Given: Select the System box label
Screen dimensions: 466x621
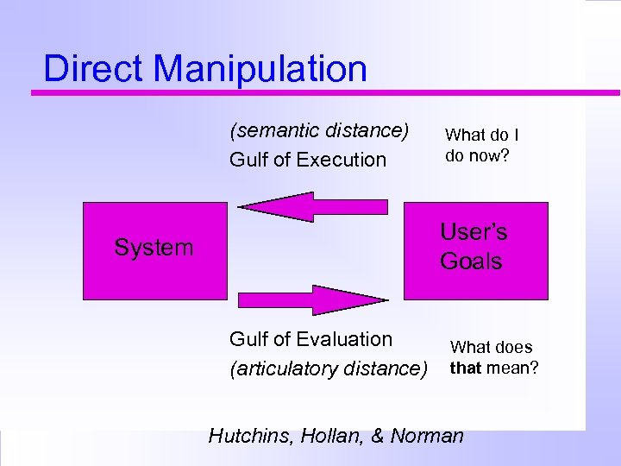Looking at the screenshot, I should pos(154,249).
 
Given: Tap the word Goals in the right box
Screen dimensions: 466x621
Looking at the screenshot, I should pos(471,261).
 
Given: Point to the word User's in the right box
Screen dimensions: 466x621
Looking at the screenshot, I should pos(474,232).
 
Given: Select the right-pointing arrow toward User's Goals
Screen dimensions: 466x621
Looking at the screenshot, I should pos(314,299).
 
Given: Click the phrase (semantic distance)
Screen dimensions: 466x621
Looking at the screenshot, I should pos(318,130).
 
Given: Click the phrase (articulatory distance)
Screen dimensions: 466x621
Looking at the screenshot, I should pos(328,368).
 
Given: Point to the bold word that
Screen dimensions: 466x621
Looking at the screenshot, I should pos(465,369).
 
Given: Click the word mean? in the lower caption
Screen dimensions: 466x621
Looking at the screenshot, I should pos(511,369).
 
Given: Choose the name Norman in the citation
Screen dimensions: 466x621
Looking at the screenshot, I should pos(427,436).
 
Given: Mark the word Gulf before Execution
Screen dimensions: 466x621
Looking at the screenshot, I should pos(248,160).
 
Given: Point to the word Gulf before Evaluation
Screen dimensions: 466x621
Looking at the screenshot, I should pos(248,339).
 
